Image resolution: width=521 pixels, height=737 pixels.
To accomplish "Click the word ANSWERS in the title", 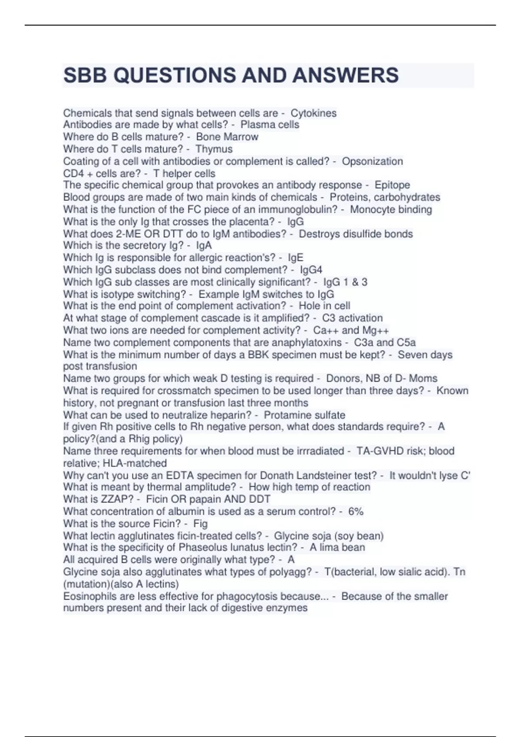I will tap(345, 75).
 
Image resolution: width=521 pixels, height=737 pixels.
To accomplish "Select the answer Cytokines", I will tap(313, 113).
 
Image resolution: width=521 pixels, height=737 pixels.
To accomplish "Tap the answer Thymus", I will tap(214, 149).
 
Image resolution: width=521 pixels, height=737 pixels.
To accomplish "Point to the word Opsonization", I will tap(373, 161).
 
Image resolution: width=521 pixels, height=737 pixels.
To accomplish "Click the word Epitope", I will tap(392, 185).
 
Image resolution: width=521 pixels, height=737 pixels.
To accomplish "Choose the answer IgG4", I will tap(311, 270).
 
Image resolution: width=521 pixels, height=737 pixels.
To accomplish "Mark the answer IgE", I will tap(296, 258).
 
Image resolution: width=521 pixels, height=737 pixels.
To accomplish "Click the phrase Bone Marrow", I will tap(227, 137).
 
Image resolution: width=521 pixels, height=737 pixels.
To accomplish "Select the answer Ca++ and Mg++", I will tap(351, 330).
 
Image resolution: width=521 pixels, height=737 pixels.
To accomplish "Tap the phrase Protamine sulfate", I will tap(304, 415).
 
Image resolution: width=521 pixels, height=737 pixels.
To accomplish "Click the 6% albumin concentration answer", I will tap(356, 512).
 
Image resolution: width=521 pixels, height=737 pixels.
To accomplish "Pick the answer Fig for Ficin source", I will tap(201, 524).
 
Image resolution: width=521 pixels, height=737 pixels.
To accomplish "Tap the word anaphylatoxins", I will tap(307, 342).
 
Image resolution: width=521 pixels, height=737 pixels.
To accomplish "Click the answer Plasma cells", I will tap(270, 125).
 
